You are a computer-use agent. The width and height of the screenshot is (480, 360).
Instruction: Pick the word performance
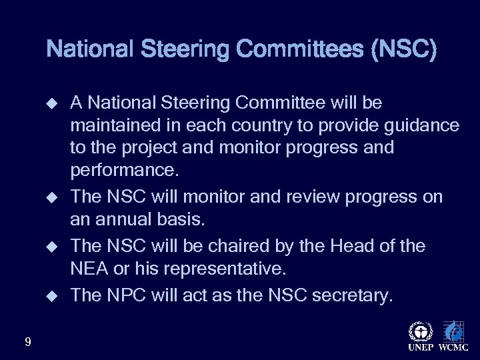(x=125, y=170)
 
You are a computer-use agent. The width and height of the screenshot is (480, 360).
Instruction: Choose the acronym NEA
(x=87, y=269)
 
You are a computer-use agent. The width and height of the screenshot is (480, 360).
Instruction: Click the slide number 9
(x=27, y=342)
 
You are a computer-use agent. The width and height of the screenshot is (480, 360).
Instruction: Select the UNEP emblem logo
(x=419, y=332)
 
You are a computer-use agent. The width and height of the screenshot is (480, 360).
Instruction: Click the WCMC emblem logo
(x=453, y=332)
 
